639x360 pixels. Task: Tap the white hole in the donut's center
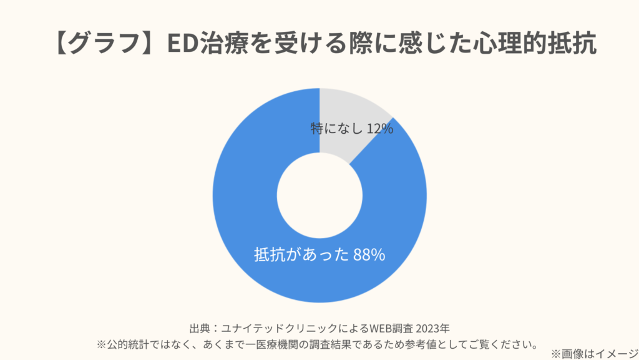tap(319, 196)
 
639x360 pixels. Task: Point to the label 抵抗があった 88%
tap(319, 255)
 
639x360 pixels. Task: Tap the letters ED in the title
tap(181, 46)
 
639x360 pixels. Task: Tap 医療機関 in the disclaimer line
tap(275, 344)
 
